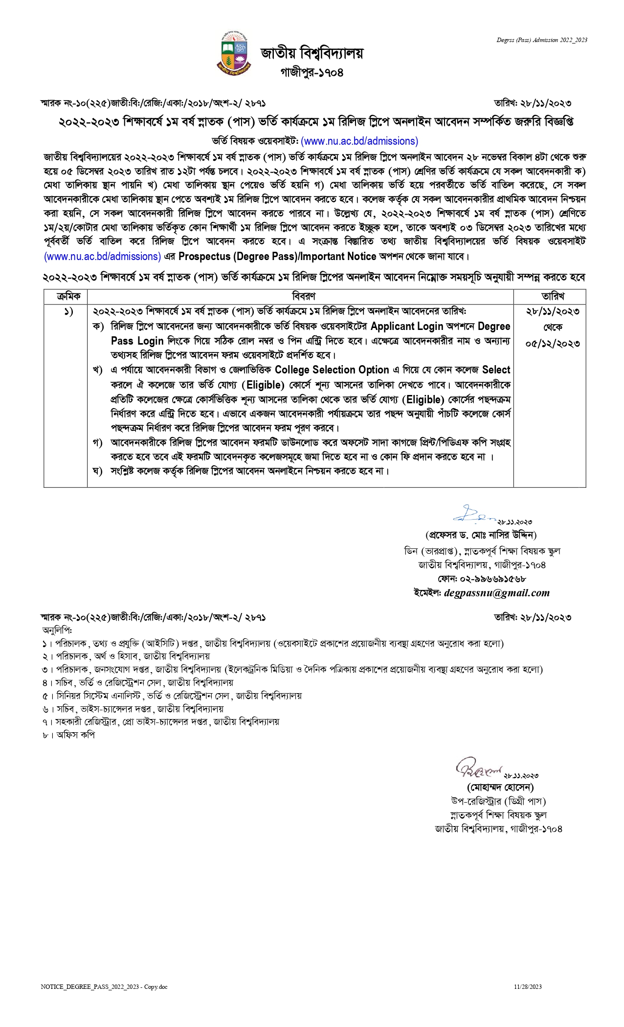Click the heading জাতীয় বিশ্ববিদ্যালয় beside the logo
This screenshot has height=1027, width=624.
pos(312,53)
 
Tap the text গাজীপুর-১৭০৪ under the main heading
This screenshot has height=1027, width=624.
pos(312,72)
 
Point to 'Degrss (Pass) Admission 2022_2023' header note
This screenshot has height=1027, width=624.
pos(542,40)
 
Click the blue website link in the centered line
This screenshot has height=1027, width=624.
pos(359,141)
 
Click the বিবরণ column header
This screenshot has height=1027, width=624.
pos(303,296)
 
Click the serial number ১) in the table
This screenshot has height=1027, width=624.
pos(68,311)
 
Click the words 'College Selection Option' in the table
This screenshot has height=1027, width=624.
pos(332,370)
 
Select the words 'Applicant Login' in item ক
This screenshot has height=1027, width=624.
pos(406,326)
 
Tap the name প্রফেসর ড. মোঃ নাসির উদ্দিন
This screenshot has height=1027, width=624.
pos(481,535)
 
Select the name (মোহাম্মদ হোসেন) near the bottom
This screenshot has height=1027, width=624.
pos(500,787)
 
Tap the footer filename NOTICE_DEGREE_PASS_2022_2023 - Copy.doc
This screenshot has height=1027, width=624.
pos(104,987)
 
